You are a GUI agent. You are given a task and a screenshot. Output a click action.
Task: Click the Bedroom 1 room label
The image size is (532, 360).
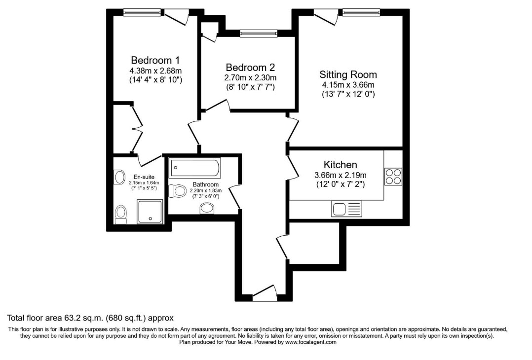pyautogui.click(x=155, y=60)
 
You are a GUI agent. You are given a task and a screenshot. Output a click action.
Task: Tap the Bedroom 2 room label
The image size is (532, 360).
pyautogui.click(x=250, y=67)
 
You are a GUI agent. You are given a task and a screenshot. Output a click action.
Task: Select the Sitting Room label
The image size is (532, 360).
pyautogui.click(x=348, y=74)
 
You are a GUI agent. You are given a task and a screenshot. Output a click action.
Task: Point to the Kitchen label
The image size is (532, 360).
pyautogui.click(x=341, y=165)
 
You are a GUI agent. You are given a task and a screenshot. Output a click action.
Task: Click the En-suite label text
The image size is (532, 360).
pyautogui.click(x=144, y=177)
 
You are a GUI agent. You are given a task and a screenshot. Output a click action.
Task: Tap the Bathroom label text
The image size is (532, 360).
pyautogui.click(x=206, y=184)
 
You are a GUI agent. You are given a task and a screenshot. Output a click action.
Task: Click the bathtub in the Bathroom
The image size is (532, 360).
pyautogui.click(x=195, y=168)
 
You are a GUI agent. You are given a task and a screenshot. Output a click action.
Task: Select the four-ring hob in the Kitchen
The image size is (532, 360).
pyautogui.click(x=394, y=177)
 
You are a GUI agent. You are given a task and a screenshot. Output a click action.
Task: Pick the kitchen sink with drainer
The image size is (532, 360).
pyautogui.click(x=346, y=209)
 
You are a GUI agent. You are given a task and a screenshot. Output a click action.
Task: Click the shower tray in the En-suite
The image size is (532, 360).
pyautogui.click(x=150, y=212)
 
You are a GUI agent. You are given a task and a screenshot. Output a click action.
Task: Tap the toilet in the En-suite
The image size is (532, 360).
pyautogui.click(x=120, y=215)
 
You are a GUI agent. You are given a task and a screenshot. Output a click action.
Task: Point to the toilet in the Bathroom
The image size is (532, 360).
pyautogui.click(x=178, y=191)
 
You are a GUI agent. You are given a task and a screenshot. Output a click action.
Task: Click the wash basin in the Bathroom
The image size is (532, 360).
pyautogui.click(x=207, y=208)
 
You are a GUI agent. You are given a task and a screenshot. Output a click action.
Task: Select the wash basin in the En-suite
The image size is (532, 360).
pyautogui.click(x=119, y=177)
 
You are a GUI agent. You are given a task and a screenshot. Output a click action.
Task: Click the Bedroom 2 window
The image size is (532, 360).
pyautogui.click(x=259, y=33)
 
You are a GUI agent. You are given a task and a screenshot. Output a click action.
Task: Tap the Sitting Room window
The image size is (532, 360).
pyautogui.click(x=361, y=12)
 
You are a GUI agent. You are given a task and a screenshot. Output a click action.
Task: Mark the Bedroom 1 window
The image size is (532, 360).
pyautogui.click(x=142, y=12)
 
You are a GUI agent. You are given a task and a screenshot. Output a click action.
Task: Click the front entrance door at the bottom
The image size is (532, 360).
pyautogui.click(x=265, y=293)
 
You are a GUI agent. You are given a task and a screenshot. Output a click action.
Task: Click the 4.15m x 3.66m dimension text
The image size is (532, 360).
pyautogui.click(x=348, y=85)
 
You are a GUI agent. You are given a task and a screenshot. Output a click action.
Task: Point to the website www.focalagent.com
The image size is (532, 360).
pyautogui.click(x=310, y=342)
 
